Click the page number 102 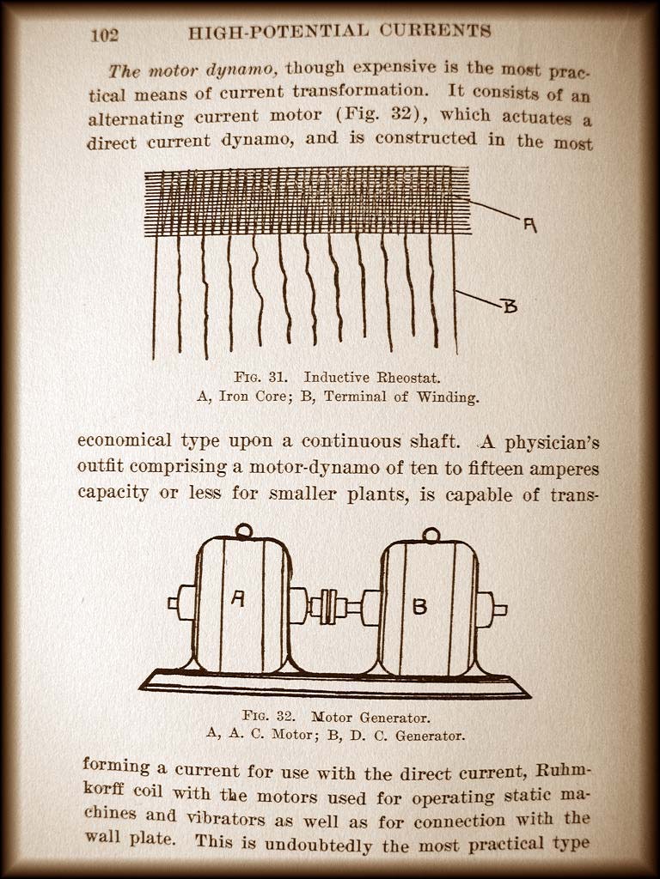pyautogui.click(x=104, y=34)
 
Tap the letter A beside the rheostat pyautogui.click(x=529, y=225)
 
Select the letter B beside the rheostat pyautogui.click(x=510, y=306)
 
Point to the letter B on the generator pyautogui.click(x=419, y=606)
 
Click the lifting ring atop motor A pyautogui.click(x=243, y=530)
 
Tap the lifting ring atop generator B pyautogui.click(x=431, y=535)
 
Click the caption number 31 pyautogui.click(x=278, y=377)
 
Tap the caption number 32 pyautogui.click(x=285, y=715)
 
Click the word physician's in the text pyautogui.click(x=553, y=444)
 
